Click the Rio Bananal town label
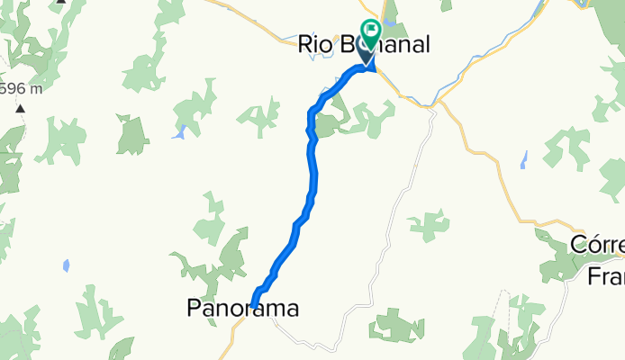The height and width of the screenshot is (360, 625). coord(364,44)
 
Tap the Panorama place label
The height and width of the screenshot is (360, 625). coord(242,309)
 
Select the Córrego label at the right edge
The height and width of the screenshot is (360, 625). coord(598,245)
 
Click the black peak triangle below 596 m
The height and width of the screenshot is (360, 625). coord(20,108)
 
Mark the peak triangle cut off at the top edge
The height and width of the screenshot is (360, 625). coord(60,2)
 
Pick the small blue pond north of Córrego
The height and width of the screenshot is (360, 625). coord(523,160)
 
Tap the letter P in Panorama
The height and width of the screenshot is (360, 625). coord(195,309)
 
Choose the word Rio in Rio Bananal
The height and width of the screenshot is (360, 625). coord(314,44)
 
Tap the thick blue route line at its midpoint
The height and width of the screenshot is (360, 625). coord(312,180)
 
